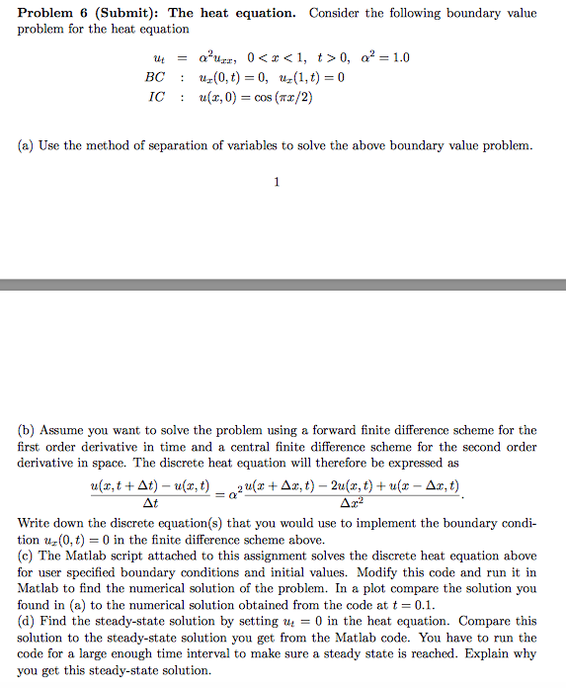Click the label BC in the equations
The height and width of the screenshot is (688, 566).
[155, 77]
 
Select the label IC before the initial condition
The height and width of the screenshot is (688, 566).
[155, 98]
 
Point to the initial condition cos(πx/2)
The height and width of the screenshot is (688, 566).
[282, 98]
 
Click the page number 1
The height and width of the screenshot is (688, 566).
[277, 181]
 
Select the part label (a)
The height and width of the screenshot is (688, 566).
[27, 145]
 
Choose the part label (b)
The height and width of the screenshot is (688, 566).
[27, 430]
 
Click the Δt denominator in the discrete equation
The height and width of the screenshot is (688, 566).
[149, 503]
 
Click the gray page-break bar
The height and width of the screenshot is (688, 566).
[283, 285]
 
